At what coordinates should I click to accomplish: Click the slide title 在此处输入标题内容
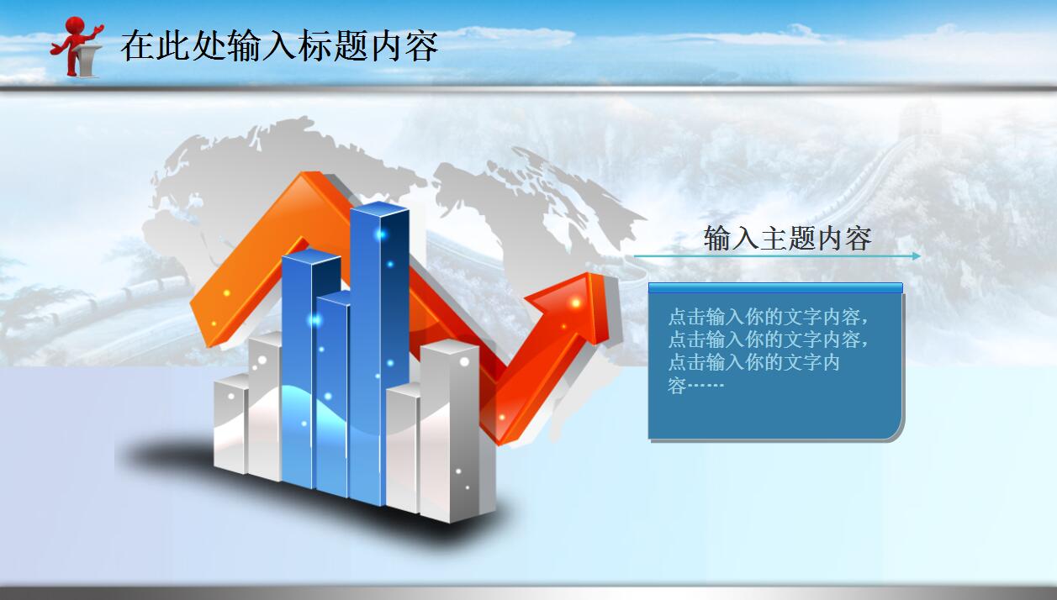tap(279, 45)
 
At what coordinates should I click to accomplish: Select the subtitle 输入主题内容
tap(786, 239)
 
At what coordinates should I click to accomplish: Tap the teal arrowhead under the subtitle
tap(915, 256)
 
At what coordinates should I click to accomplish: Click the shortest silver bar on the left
tap(230, 424)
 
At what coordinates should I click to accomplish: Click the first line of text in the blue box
tap(767, 318)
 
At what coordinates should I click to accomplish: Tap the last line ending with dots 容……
tap(695, 387)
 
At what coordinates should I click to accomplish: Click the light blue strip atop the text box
tap(774, 288)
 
